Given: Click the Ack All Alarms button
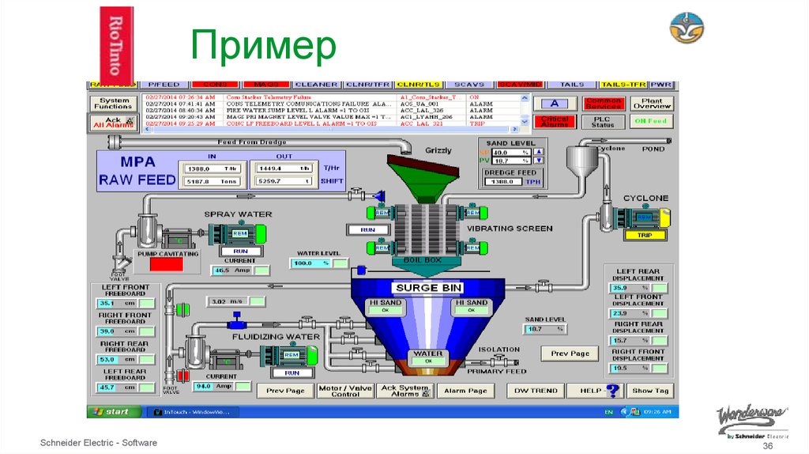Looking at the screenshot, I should pyautogui.click(x=114, y=122).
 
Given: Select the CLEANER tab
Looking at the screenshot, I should pyautogui.click(x=316, y=84).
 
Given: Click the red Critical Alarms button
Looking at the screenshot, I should pyautogui.click(x=555, y=121).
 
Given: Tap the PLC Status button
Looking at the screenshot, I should pyautogui.click(x=602, y=121).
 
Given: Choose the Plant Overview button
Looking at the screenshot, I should pyautogui.click(x=652, y=104).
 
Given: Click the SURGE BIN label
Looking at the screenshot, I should pyautogui.click(x=429, y=287).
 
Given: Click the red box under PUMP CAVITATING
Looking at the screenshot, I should pyautogui.click(x=166, y=265).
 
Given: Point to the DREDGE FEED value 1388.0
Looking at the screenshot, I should pyautogui.click(x=502, y=181).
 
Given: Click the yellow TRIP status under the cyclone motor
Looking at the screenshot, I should pyautogui.click(x=645, y=235).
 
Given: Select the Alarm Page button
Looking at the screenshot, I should pyautogui.click(x=465, y=390).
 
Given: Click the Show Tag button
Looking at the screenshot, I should pyautogui.click(x=650, y=390).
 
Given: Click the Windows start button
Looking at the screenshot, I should pyautogui.click(x=112, y=411).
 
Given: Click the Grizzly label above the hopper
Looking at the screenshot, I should pyautogui.click(x=438, y=149).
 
